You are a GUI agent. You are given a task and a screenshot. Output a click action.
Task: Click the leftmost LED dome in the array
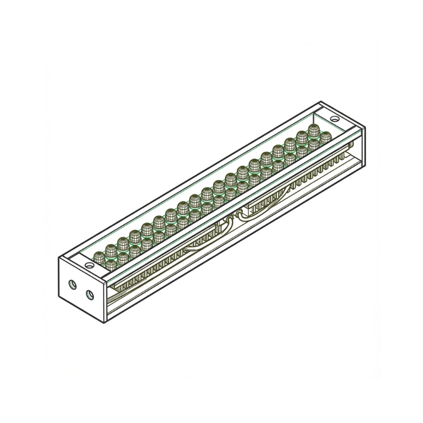click(98, 258)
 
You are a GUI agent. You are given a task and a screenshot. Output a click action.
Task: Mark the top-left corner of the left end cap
click(58, 257)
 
